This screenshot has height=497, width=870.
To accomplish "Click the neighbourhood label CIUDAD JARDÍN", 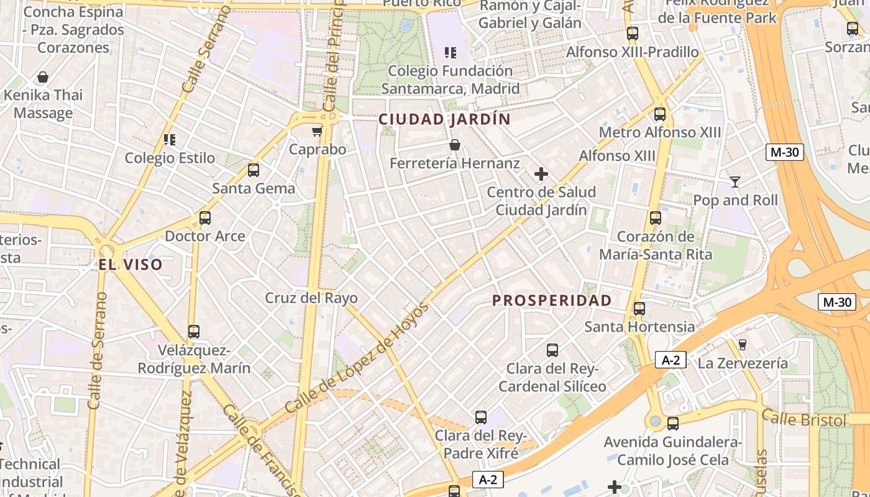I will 444,119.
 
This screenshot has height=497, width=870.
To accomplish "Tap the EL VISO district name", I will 130,265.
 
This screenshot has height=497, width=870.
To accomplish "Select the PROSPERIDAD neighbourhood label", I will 552,301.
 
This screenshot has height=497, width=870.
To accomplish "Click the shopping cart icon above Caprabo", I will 318,131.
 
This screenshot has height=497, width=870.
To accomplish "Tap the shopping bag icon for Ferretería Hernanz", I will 455,145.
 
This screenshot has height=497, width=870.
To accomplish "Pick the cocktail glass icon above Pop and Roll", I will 735,181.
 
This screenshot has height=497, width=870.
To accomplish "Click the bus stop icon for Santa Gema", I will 254,170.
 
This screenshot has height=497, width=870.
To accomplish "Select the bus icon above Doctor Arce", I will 205,218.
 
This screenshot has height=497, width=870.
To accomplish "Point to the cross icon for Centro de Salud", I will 541,174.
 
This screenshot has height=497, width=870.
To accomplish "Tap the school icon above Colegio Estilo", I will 170,140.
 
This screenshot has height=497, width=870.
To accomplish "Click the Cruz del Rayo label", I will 311,298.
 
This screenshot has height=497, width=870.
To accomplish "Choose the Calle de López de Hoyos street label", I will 357,358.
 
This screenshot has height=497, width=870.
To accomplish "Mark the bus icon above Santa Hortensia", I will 639,308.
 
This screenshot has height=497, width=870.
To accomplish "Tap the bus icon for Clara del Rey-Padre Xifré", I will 481,417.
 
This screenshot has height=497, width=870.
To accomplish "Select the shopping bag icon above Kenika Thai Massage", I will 43,78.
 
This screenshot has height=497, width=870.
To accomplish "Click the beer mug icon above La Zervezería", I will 742,345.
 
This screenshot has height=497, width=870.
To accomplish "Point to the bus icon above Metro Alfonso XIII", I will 660,114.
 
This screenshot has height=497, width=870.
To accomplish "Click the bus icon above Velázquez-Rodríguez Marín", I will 194,332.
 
